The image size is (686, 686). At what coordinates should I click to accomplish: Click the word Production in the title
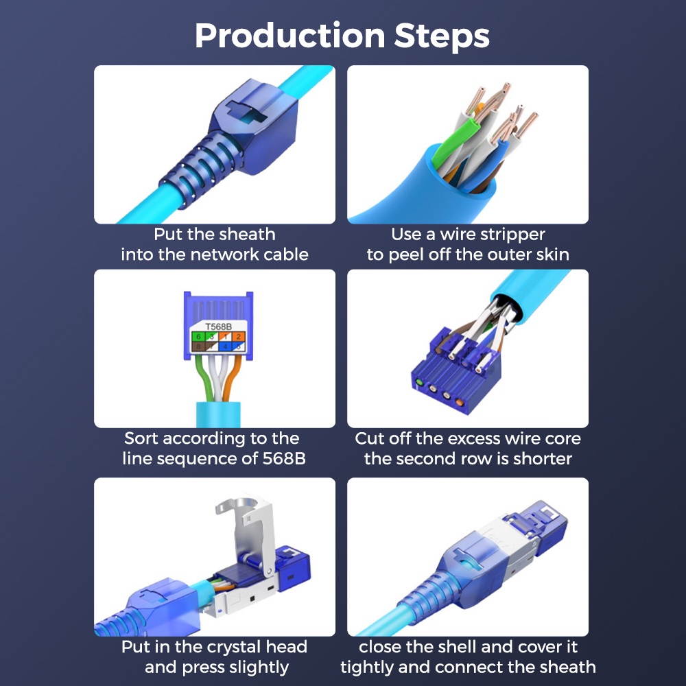tap(289, 36)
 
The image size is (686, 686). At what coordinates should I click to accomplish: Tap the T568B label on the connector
tap(218, 327)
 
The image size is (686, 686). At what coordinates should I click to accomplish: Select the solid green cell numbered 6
tap(198, 336)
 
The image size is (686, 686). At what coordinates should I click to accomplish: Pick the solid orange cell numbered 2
tap(239, 336)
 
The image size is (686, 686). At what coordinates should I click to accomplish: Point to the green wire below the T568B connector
tap(204, 379)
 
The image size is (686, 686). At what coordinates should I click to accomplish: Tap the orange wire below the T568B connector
tap(232, 379)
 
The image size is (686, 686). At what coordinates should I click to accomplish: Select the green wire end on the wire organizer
tap(420, 382)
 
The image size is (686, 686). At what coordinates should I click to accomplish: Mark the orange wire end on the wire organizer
tap(459, 401)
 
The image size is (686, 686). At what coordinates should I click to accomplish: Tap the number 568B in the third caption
tap(284, 458)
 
